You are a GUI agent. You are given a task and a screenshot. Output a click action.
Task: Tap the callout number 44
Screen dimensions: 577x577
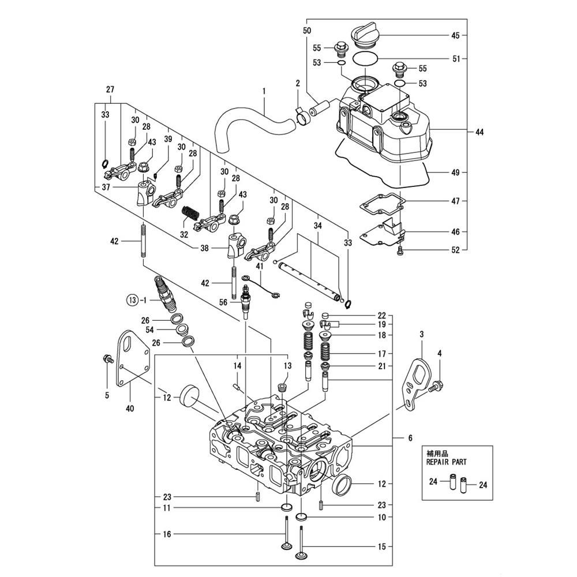click(x=479, y=132)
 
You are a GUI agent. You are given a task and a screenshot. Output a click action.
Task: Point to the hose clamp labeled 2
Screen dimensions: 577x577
click(x=302, y=115)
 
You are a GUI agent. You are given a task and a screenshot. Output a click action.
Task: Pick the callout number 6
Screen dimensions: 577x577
click(x=410, y=439)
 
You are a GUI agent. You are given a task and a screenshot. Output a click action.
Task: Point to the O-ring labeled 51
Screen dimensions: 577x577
click(x=365, y=58)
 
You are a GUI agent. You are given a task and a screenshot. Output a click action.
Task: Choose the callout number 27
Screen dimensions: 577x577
click(x=110, y=89)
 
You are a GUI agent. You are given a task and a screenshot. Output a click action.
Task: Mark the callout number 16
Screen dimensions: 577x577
click(x=167, y=535)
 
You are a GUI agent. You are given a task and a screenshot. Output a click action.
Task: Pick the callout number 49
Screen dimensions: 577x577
click(x=456, y=172)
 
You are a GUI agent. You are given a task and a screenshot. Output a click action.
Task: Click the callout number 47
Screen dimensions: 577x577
click(x=456, y=201)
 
